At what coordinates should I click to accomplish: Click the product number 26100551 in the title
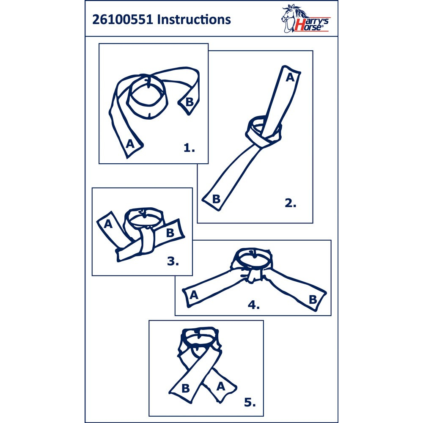pyautogui.click(x=123, y=20)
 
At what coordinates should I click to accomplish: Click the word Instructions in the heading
pyautogui.click(x=194, y=20)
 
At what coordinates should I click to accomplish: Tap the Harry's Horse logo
pyautogui.click(x=305, y=19)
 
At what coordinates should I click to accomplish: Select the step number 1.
pyautogui.click(x=189, y=148)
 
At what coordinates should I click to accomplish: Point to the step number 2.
pyautogui.click(x=291, y=203)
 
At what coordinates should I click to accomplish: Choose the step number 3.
pyautogui.click(x=173, y=261)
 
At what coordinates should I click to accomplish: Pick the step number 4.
pyautogui.click(x=253, y=305)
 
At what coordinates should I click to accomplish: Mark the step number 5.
pyautogui.click(x=250, y=402)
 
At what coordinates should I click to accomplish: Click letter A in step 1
pyautogui.click(x=130, y=144)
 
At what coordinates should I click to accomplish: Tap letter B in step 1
pyautogui.click(x=190, y=102)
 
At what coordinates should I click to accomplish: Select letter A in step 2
pyautogui.click(x=290, y=77)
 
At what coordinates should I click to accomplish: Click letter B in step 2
pyautogui.click(x=216, y=199)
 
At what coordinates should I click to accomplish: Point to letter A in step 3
pyautogui.click(x=108, y=224)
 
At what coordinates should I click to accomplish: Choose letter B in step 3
pyautogui.click(x=170, y=233)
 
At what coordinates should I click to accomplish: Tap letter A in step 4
pyautogui.click(x=194, y=295)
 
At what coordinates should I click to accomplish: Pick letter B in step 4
pyautogui.click(x=313, y=299)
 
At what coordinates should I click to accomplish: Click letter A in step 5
pyautogui.click(x=221, y=387)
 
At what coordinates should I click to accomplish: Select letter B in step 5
pyautogui.click(x=186, y=388)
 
